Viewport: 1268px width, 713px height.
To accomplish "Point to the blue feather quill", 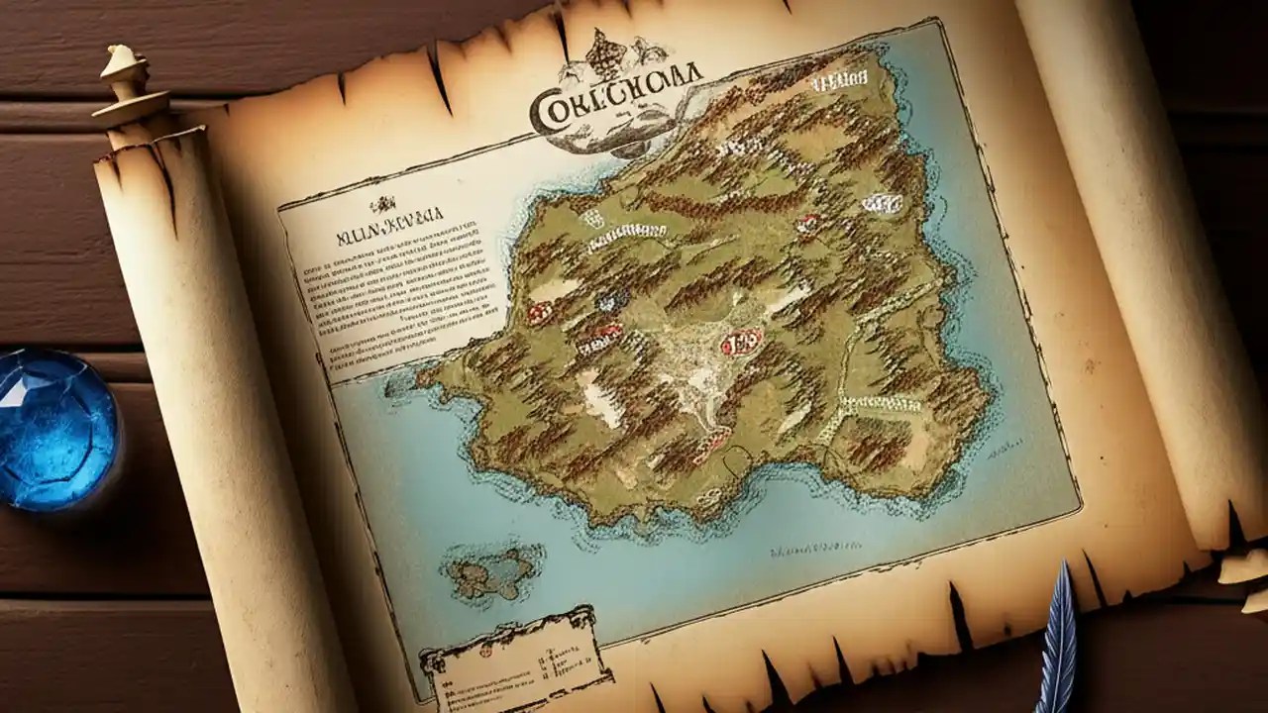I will tap(1059, 644).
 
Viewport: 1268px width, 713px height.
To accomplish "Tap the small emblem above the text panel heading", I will tap(381, 206).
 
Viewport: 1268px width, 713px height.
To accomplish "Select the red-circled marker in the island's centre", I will tap(741, 343).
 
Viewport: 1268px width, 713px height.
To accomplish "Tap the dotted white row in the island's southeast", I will tap(880, 403).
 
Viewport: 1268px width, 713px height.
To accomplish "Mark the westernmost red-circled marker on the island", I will tap(539, 314).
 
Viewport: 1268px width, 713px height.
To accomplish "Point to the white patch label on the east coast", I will tap(882, 203).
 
